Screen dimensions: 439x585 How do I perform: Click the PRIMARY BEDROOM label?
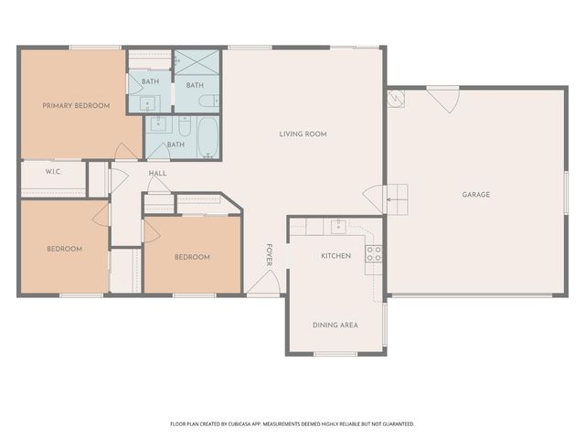pos(76,106)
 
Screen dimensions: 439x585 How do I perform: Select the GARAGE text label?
pos(475,194)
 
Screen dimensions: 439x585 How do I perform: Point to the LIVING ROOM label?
pos(303,134)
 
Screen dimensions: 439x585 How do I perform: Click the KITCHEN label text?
pos(335,256)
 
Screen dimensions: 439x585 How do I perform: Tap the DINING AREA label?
pos(335,325)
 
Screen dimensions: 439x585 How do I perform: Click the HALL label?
pos(158,172)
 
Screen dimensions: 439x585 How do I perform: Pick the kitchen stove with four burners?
pos(374,253)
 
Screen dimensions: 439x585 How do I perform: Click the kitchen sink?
pos(338,226)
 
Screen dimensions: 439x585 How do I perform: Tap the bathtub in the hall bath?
pos(207,134)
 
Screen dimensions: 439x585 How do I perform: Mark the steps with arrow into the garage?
pos(396,196)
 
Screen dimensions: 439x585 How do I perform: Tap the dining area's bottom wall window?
pos(335,354)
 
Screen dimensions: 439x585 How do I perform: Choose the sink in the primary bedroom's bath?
pos(149,102)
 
